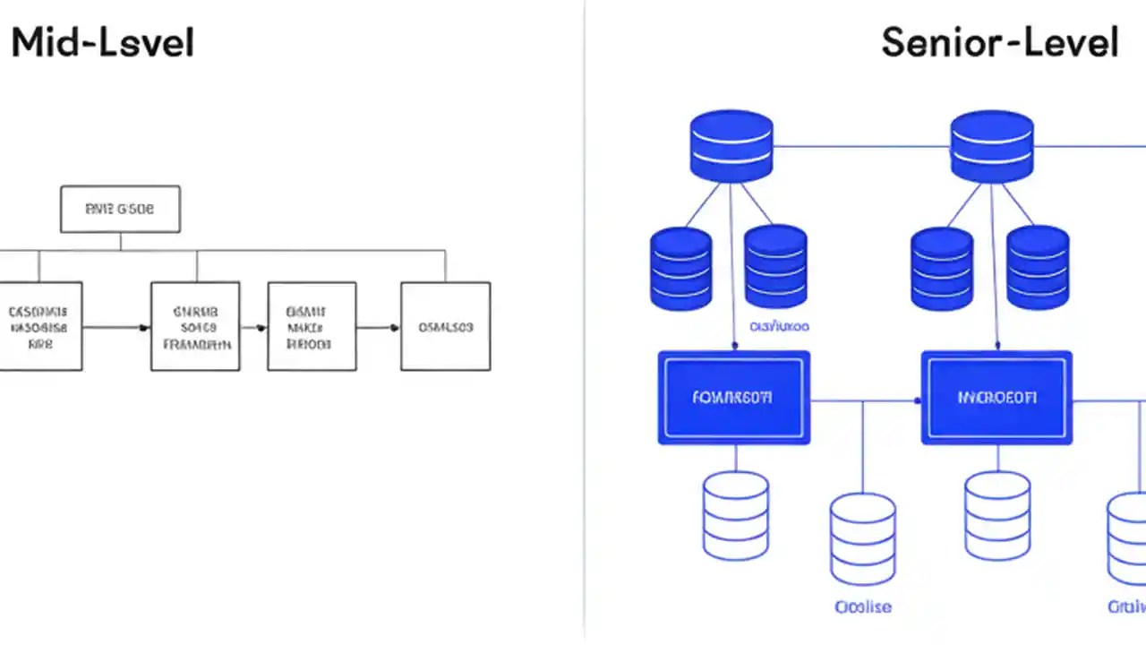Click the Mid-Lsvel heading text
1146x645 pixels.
tap(102, 43)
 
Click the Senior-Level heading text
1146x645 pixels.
tap(999, 42)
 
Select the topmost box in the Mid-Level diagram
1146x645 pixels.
tap(120, 210)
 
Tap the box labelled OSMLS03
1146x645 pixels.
tap(445, 326)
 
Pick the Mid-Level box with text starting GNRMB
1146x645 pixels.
tap(195, 326)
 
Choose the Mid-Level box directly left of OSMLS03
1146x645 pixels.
tap(312, 326)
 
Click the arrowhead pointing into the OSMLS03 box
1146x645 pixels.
tap(395, 327)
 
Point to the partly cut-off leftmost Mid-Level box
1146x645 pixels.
tap(40, 326)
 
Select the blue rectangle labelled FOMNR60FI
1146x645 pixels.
tap(733, 397)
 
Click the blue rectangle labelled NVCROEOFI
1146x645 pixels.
tap(996, 397)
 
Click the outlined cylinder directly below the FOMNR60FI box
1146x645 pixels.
tap(735, 514)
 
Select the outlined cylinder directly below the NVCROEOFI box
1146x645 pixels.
tap(996, 514)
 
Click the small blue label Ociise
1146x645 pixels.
tap(862, 606)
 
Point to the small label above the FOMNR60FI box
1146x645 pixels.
tap(779, 327)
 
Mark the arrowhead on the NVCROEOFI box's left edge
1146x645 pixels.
tap(917, 401)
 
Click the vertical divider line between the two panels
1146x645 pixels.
tap(585, 322)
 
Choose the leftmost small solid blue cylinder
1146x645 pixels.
tap(680, 268)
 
